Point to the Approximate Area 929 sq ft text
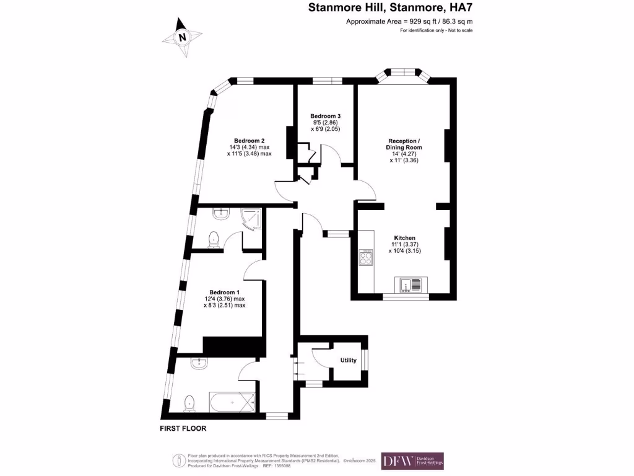[x=409, y=22]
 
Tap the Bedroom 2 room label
[x=250, y=140]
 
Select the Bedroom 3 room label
[x=325, y=116]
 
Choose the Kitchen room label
[x=405, y=238]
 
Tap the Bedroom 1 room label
[x=224, y=292]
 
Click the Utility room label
[x=349, y=360]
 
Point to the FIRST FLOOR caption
[x=183, y=428]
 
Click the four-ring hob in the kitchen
[x=366, y=258]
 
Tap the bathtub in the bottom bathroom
[x=232, y=403]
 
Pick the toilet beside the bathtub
[x=190, y=403]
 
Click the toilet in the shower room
[x=214, y=238]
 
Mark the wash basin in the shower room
[x=222, y=214]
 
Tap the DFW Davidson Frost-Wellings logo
[x=412, y=461]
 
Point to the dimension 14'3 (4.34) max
[x=250, y=147]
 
